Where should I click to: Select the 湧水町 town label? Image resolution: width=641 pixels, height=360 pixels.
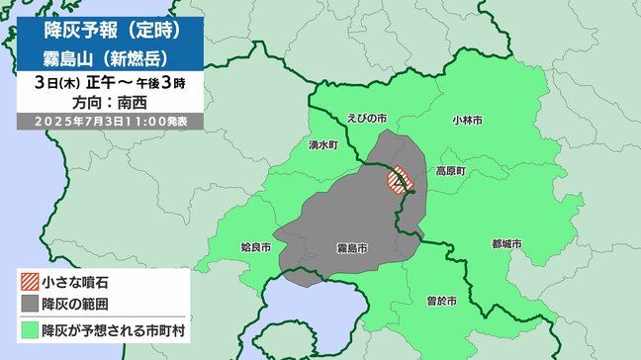click(322, 144)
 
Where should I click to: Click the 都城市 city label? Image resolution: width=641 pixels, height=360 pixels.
click(505, 243)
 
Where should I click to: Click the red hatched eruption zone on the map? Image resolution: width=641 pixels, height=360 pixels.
click(400, 180)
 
